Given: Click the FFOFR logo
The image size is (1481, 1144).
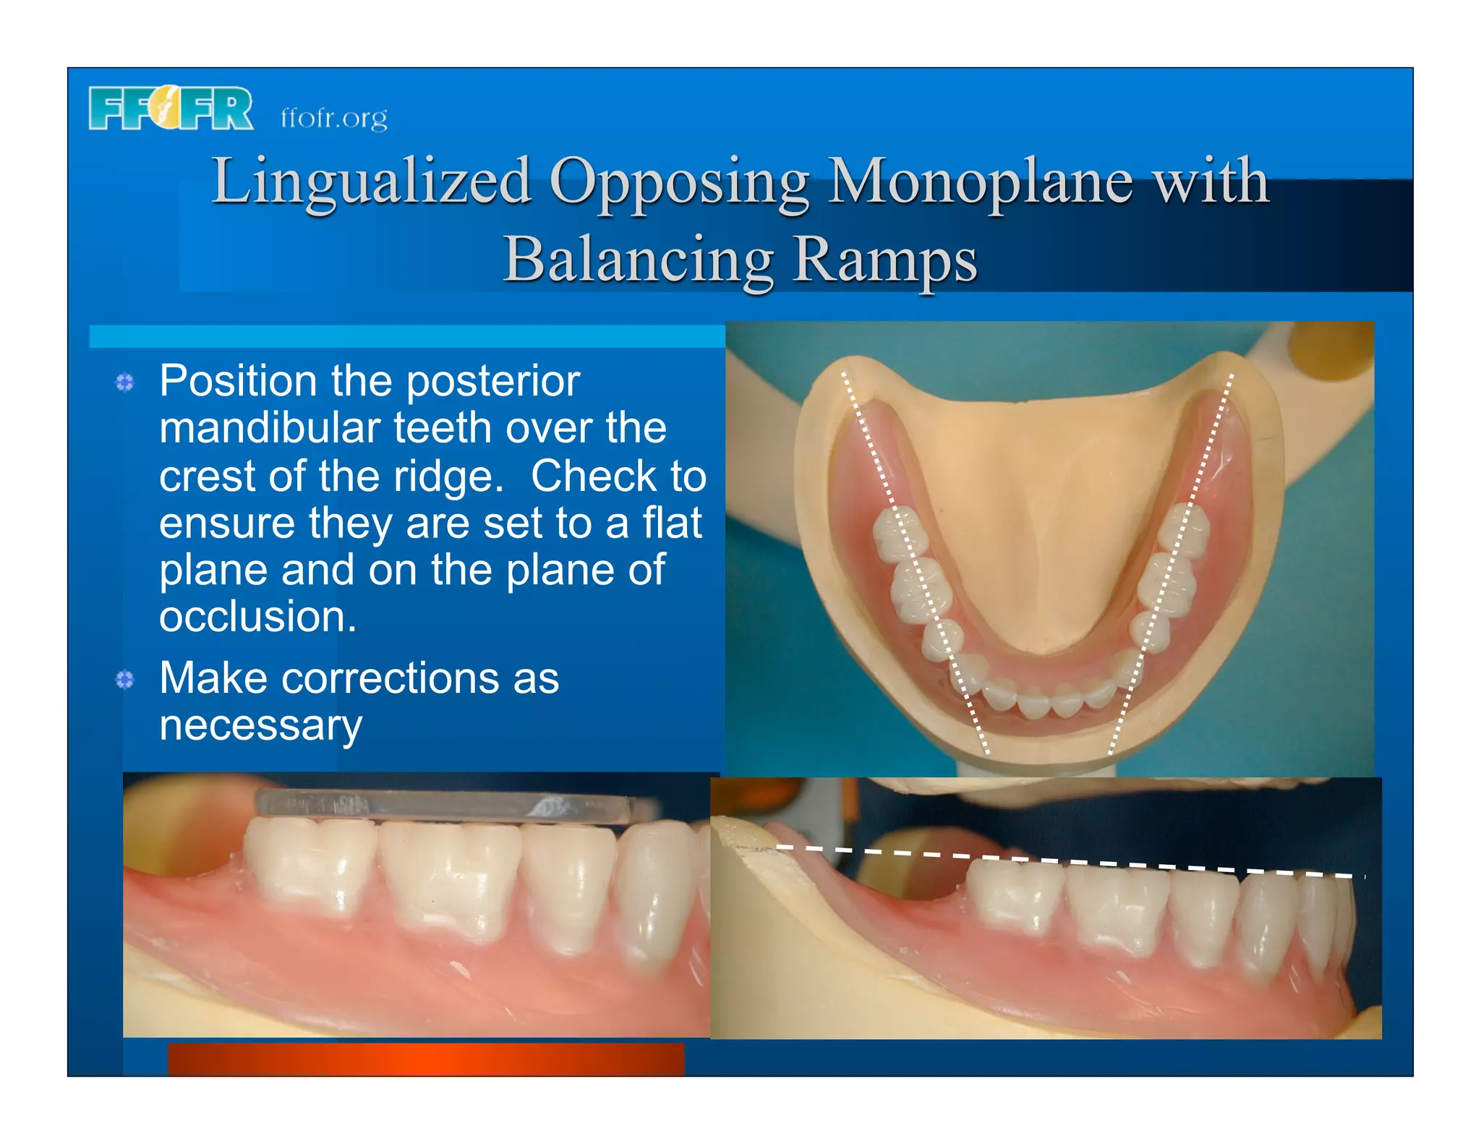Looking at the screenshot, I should click(171, 108).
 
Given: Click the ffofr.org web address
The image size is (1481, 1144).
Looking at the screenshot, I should click(333, 117).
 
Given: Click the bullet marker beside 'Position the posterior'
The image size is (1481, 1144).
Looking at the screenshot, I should click(125, 383).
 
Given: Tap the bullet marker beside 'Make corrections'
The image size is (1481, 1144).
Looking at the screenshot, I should click(125, 680).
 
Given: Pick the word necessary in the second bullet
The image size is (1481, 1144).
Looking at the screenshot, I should click(260, 725).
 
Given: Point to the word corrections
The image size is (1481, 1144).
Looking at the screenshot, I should click(390, 678).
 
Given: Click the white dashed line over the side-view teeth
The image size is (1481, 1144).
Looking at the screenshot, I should click(1070, 861).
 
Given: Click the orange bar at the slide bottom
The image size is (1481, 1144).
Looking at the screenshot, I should click(426, 1059).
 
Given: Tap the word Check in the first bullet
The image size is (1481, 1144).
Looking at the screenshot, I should click(592, 476).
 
